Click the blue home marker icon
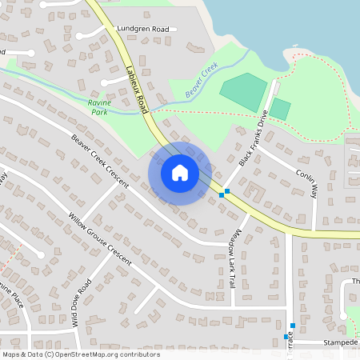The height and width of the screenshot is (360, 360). point(180,173)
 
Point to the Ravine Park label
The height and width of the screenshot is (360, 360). point(98,108)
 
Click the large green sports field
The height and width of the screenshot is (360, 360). point(243,92)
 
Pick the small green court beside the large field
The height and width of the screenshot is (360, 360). point(280,109)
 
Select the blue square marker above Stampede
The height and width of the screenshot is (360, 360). point(294,325)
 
